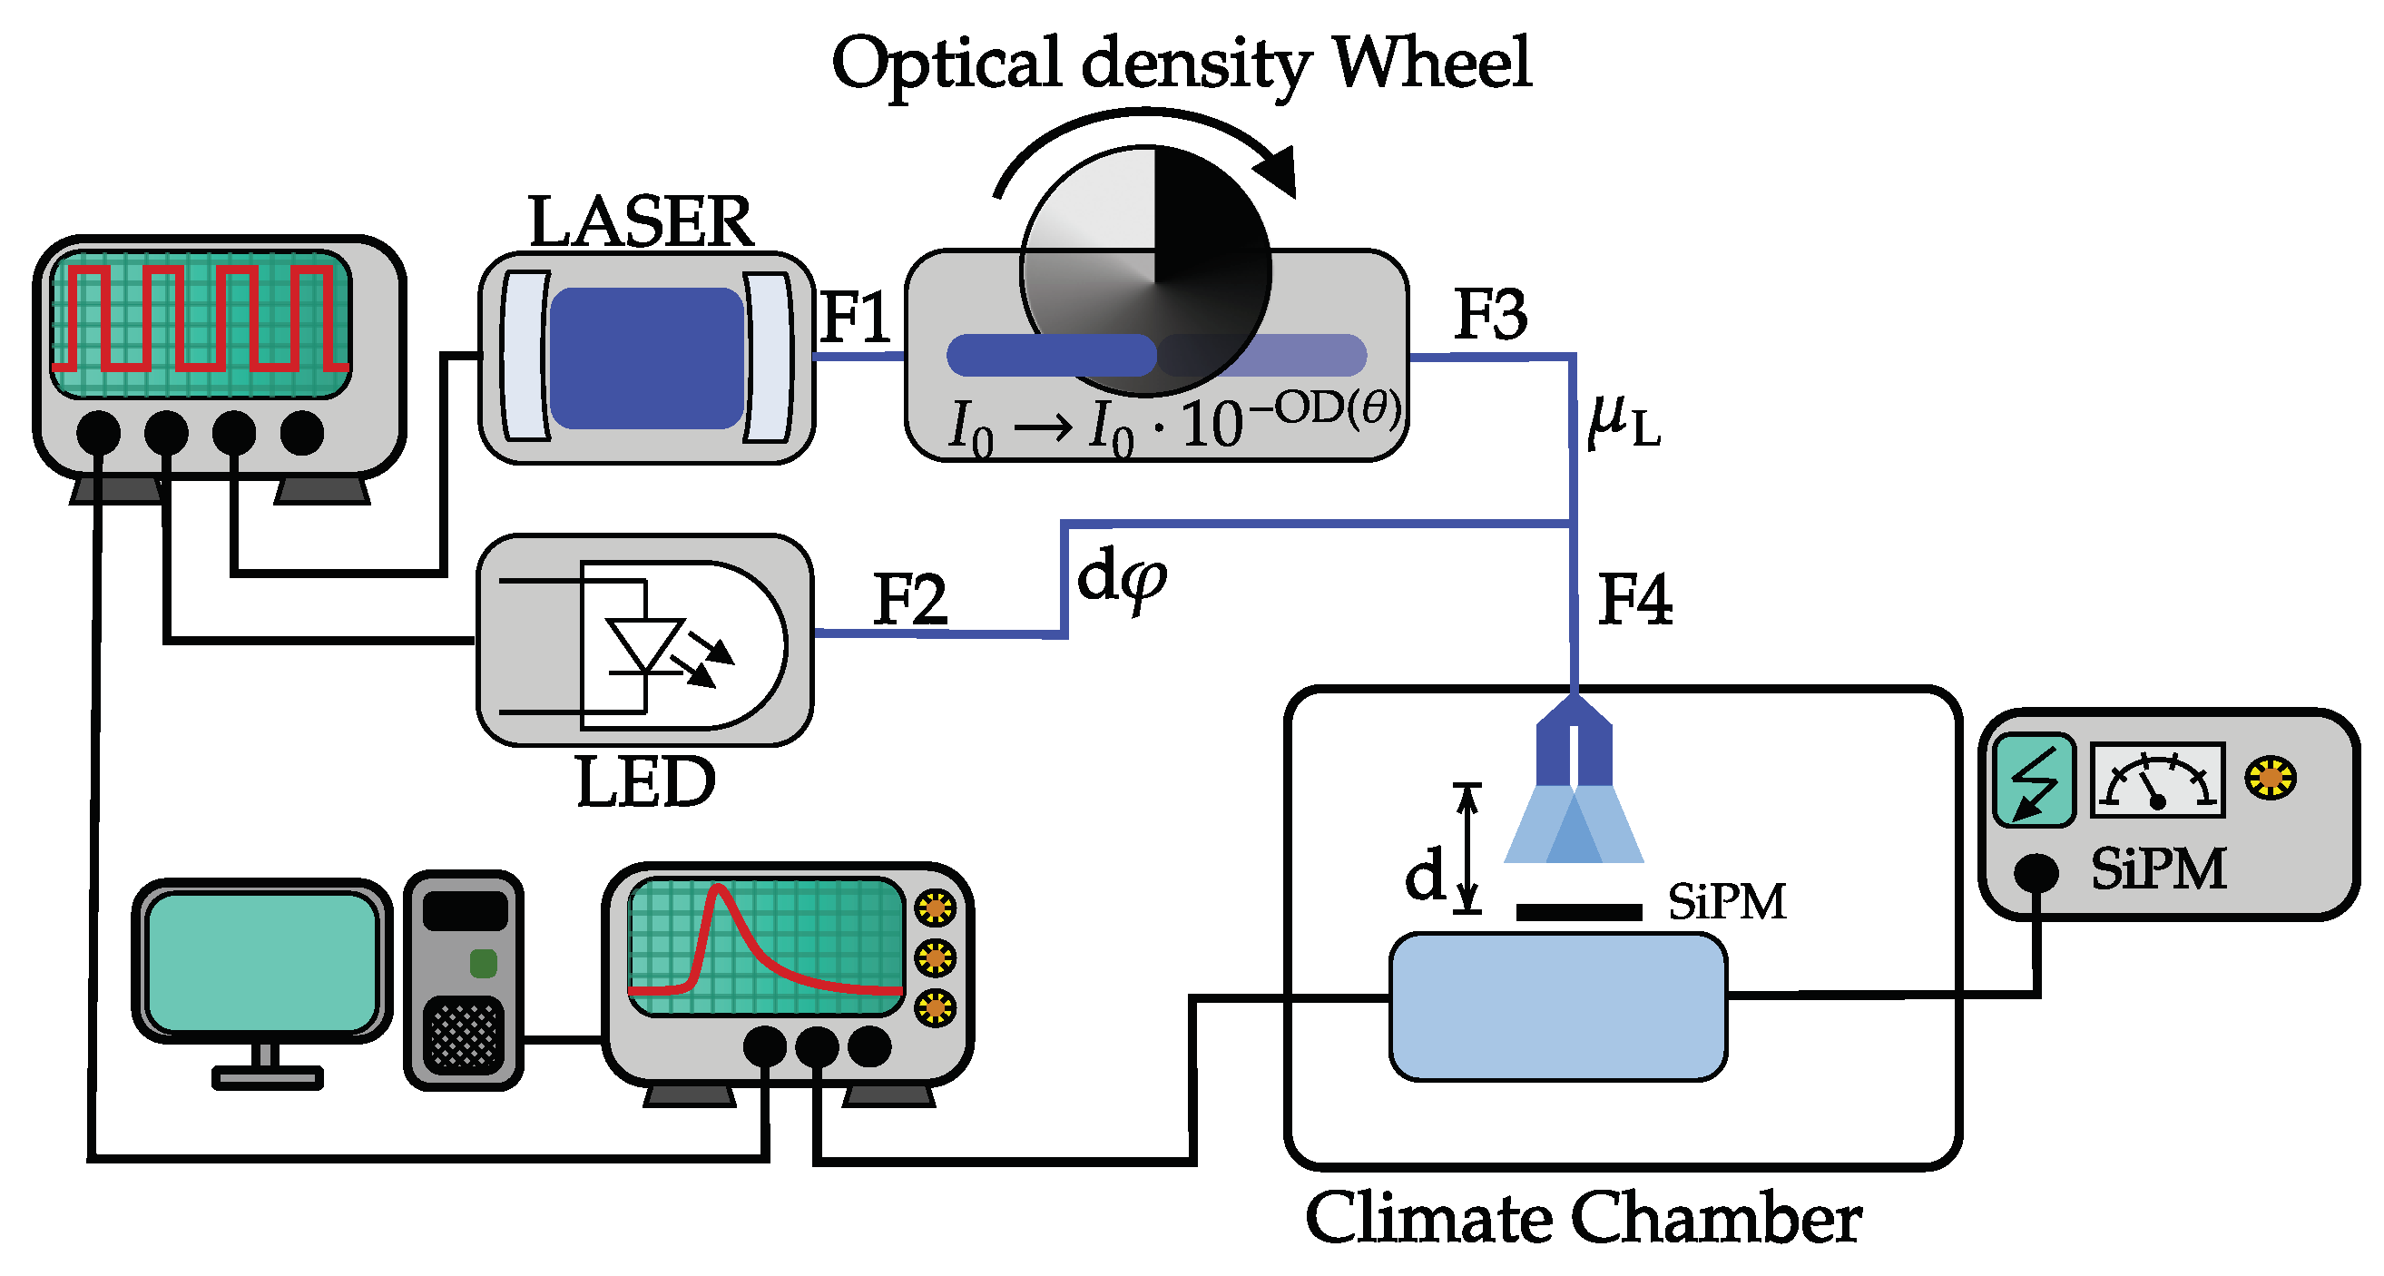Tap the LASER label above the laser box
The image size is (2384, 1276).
click(x=641, y=222)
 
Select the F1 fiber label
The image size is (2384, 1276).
click(x=854, y=318)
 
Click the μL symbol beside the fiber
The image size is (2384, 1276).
click(x=1623, y=422)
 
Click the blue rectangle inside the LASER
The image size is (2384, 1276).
click(x=646, y=358)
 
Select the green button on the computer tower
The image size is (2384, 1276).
click(x=483, y=963)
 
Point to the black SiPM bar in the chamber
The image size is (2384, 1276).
click(x=1579, y=912)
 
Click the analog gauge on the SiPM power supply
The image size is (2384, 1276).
click(x=2157, y=779)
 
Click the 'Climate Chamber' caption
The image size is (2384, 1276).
click(x=1583, y=1218)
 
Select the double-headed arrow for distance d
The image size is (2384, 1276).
click(x=1467, y=848)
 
